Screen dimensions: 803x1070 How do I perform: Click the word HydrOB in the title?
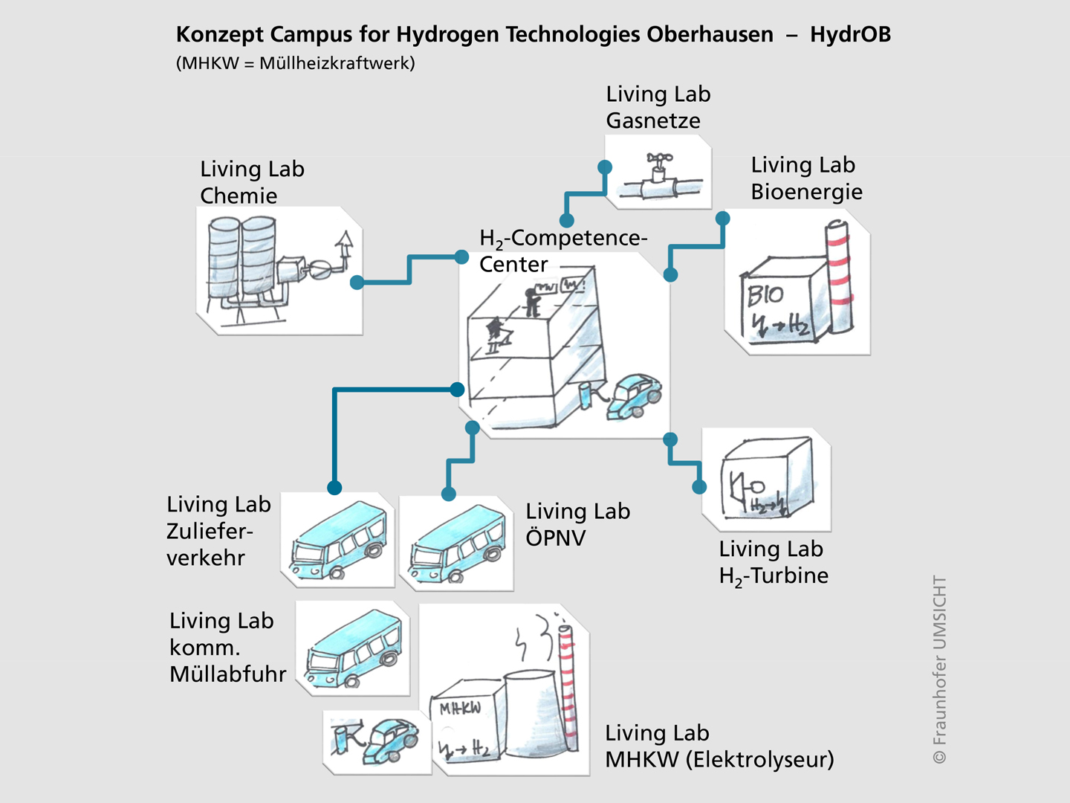point(850,34)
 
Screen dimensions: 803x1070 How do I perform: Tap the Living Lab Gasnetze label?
point(658,107)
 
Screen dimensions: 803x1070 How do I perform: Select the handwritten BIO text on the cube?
point(765,295)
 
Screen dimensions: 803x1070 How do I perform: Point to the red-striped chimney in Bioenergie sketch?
point(839,279)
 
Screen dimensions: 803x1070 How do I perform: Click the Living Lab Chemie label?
point(252,182)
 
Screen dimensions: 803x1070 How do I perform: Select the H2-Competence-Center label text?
point(562,251)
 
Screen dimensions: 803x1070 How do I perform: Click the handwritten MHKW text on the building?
point(460,708)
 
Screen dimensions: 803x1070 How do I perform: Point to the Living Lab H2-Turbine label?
point(773,562)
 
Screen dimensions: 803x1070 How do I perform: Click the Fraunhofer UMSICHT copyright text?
point(940,669)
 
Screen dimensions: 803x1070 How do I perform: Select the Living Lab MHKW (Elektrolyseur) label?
point(719,746)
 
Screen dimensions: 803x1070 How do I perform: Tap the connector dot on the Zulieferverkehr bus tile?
point(334,488)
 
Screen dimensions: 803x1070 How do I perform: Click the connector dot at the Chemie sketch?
point(357,283)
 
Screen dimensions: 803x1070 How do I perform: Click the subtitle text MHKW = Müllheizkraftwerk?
point(296,63)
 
